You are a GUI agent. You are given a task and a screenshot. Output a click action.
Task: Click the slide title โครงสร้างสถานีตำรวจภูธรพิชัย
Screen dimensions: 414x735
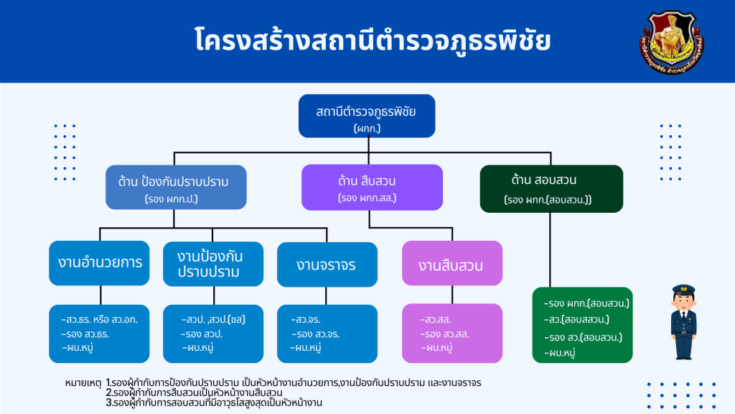coord(373,40)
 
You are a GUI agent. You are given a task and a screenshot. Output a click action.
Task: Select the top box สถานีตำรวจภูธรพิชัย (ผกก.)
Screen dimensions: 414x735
coord(367,116)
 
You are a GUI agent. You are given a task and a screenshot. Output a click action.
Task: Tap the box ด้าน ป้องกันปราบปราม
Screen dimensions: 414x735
coord(177,188)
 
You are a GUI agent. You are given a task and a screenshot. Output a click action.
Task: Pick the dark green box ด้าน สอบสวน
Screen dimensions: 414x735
coord(551,188)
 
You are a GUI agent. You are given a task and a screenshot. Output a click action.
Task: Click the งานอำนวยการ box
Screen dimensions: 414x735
coord(100,262)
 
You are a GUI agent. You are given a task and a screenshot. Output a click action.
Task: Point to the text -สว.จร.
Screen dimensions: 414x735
coord(306,320)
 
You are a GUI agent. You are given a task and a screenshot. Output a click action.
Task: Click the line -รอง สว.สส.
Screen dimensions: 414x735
coord(445,334)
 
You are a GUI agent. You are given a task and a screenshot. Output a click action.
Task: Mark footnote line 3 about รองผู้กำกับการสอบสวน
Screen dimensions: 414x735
coord(213,402)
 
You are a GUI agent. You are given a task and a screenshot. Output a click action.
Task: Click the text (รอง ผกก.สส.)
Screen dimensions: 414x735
coord(367,197)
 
